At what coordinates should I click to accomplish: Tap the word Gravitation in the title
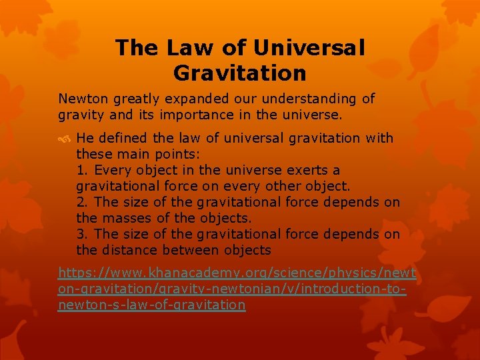pos(240,72)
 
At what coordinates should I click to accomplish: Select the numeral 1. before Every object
pos(81,170)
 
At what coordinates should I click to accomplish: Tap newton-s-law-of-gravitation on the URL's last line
pos(161,305)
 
